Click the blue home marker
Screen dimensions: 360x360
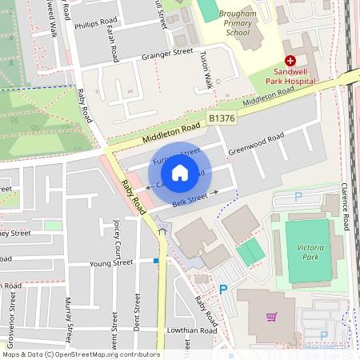(180, 173)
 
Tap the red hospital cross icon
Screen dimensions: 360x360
(290, 61)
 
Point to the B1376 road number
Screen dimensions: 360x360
(223, 118)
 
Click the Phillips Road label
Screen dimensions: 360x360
(96, 26)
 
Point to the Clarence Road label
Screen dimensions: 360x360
(346, 209)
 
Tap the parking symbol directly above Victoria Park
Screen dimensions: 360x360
(298, 197)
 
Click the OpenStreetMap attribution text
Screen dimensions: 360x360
(80, 354)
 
